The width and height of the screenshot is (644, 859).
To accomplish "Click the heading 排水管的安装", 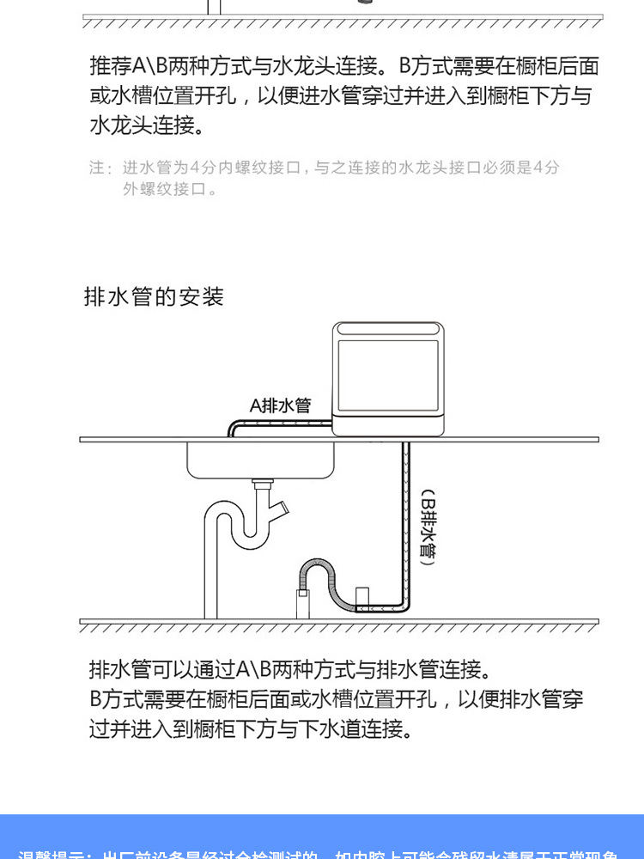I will click(x=154, y=297).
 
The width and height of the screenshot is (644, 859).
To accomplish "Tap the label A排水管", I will click(x=280, y=405).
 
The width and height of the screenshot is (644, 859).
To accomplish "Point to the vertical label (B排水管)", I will click(x=428, y=532).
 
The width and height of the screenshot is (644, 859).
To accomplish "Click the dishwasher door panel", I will click(x=391, y=376).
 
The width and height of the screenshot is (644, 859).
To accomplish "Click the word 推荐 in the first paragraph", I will click(x=111, y=65).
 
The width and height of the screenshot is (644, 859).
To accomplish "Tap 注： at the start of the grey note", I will click(x=100, y=168).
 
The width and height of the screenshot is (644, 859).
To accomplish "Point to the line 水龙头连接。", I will click(x=149, y=125).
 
